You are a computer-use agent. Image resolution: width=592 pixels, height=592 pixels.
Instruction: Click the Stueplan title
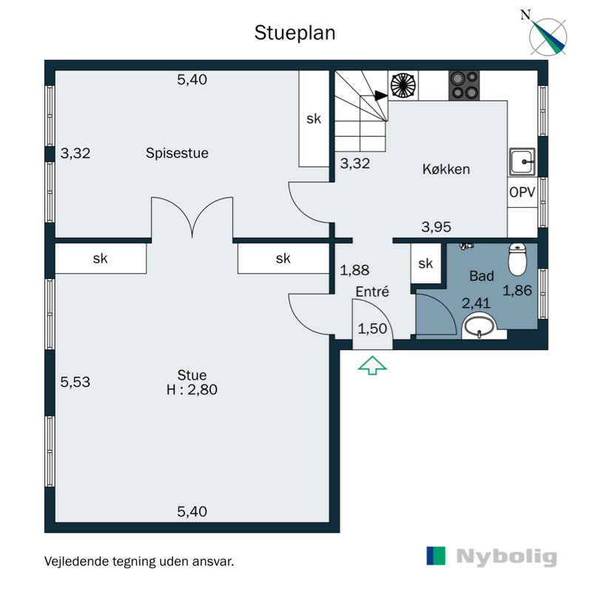(295, 33)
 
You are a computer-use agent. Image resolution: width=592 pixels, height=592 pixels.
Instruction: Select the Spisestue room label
(177, 153)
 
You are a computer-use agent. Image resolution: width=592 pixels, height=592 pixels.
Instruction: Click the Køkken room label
(446, 169)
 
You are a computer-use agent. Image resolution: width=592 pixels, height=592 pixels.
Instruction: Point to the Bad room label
(482, 276)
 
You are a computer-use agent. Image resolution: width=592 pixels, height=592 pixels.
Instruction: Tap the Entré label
(372, 292)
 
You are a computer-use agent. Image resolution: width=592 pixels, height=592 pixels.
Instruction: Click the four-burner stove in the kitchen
(464, 85)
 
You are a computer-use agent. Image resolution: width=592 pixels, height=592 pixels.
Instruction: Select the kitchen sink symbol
(522, 162)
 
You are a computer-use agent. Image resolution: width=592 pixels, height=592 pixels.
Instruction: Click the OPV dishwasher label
(522, 192)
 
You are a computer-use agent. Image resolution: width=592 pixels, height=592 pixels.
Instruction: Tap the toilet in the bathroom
(517, 259)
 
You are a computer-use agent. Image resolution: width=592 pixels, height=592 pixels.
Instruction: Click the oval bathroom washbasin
(479, 326)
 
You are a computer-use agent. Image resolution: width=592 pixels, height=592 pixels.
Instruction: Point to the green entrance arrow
(372, 366)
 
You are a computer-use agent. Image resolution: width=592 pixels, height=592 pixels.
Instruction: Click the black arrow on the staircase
(381, 96)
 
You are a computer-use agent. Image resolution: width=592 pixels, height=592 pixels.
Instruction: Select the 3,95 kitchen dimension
(436, 227)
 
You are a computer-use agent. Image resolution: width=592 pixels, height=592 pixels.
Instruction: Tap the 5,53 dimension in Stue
(75, 382)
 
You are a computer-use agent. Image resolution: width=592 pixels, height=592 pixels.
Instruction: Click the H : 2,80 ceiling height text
(192, 390)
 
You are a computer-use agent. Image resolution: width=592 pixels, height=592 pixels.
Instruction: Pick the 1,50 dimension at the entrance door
(372, 329)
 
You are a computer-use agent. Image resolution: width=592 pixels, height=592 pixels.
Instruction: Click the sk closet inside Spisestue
(314, 119)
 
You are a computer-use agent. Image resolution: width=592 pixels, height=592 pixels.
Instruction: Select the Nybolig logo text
(506, 557)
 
